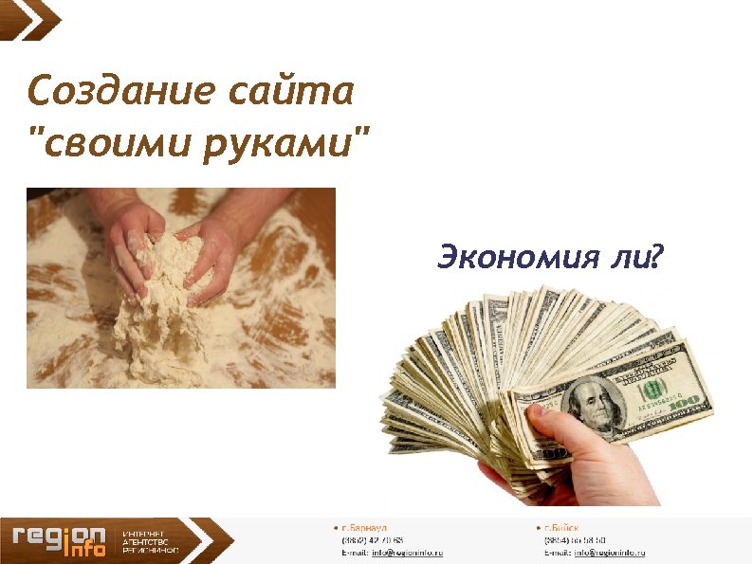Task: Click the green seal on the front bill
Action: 652,390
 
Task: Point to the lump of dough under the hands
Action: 161,303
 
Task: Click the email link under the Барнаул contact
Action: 407,552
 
